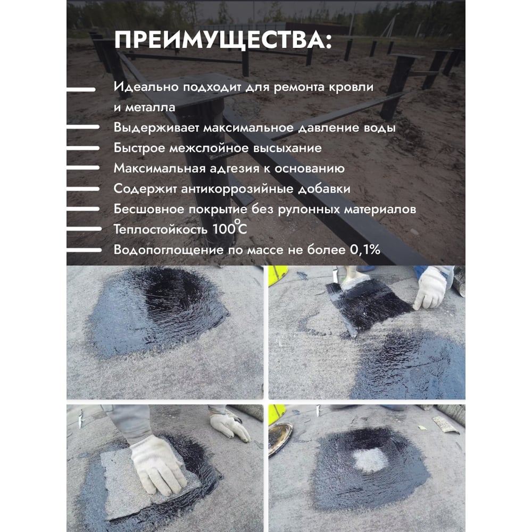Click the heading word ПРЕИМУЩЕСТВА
(219, 40)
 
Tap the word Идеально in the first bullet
(146, 87)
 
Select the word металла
(150, 107)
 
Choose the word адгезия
(234, 169)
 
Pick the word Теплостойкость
(160, 230)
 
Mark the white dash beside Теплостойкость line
(84, 229)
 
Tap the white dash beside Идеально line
(81, 89)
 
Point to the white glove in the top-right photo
(430, 288)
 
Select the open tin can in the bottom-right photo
(280, 438)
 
